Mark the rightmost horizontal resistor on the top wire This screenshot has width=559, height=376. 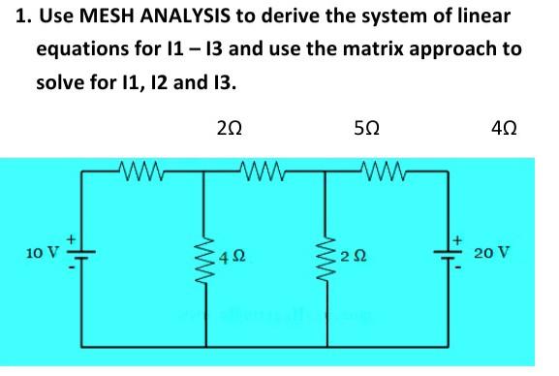click(x=383, y=174)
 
